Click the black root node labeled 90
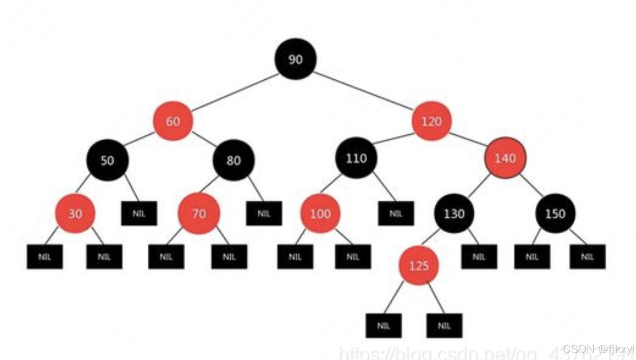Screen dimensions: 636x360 tap(295, 59)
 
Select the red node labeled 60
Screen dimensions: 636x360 tap(173, 121)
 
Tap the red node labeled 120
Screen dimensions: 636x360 tap(431, 121)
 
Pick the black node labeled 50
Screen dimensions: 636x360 tap(107, 160)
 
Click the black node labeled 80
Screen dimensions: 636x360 tap(233, 160)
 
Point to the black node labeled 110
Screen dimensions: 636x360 tap(356, 158)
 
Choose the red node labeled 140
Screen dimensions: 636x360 tap(505, 158)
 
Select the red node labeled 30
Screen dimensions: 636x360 tap(75, 213)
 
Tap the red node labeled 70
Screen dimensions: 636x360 tap(199, 213)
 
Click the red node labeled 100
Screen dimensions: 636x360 tap(320, 213)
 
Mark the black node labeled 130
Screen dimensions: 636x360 tap(454, 213)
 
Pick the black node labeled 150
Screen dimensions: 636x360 tap(555, 213)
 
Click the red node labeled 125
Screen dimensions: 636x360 tap(418, 265)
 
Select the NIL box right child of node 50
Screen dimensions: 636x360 tap(139, 213)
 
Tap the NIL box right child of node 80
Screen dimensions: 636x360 tap(264, 213)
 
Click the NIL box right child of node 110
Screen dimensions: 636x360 tap(396, 213)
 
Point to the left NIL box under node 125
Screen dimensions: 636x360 tap(383, 326)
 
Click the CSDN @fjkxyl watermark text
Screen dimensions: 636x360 tap(598, 349)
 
